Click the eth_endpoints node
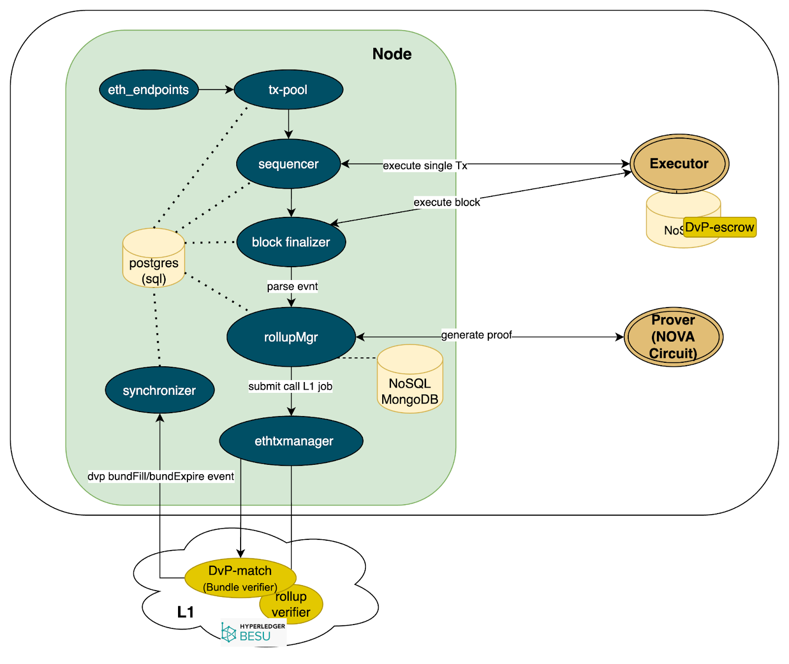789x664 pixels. coord(148,90)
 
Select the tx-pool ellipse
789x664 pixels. coord(288,90)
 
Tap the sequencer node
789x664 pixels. coord(288,164)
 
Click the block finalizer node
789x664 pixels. coord(291,242)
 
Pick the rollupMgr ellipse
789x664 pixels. coord(291,337)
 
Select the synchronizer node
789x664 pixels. coord(159,390)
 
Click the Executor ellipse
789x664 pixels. coord(679,164)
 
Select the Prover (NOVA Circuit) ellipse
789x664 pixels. coord(673,337)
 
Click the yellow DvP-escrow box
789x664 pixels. coord(719,227)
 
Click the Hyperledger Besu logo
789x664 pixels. coord(253,633)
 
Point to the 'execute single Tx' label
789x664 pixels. coord(425,166)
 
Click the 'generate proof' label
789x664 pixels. coord(476,335)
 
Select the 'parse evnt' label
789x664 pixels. coord(292,286)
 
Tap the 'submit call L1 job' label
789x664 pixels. coord(290,386)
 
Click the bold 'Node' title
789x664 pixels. coord(392,54)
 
